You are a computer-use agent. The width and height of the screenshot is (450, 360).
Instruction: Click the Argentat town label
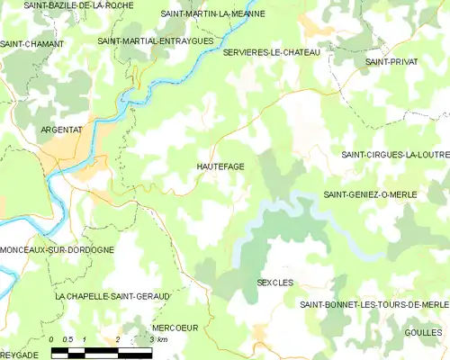point(61,130)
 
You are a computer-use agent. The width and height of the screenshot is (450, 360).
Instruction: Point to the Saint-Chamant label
point(32,43)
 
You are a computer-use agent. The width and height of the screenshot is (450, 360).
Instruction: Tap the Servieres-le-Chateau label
point(271,53)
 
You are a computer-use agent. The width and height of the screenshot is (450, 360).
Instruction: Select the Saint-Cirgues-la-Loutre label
point(395,155)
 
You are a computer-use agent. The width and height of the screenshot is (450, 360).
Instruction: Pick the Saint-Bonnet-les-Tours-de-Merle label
point(373,305)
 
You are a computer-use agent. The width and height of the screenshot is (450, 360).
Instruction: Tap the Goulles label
point(424,332)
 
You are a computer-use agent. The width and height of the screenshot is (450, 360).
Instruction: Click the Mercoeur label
point(175,328)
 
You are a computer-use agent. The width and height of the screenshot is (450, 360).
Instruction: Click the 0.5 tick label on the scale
point(67,340)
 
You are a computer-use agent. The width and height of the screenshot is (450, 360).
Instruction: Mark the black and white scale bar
point(101,352)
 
